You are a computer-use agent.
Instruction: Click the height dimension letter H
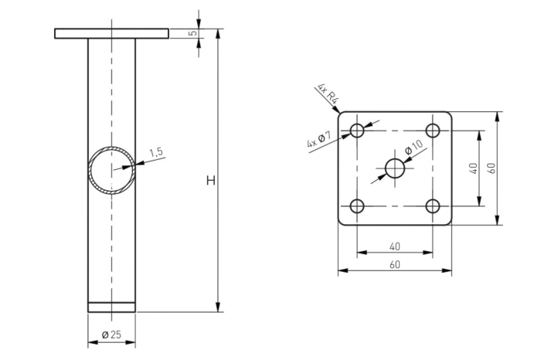[x=209, y=181]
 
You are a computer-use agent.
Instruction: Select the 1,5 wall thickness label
[x=156, y=152]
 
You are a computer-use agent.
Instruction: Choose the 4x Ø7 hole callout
[x=319, y=140]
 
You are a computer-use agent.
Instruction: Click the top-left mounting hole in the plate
[x=357, y=130]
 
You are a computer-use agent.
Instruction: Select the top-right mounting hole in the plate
[x=433, y=130]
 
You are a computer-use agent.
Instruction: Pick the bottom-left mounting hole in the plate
[x=357, y=206]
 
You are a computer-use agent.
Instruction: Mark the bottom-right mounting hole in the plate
[x=433, y=206]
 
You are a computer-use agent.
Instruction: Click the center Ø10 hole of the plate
[x=395, y=168]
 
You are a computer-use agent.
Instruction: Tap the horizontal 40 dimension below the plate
[x=394, y=246]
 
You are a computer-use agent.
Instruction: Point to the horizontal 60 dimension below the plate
[x=394, y=265]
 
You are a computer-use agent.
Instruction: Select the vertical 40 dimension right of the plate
[x=473, y=168]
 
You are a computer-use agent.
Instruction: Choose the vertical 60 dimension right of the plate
[x=491, y=168]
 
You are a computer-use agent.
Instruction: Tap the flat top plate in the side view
[x=111, y=33]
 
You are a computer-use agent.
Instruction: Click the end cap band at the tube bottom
[x=111, y=307]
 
